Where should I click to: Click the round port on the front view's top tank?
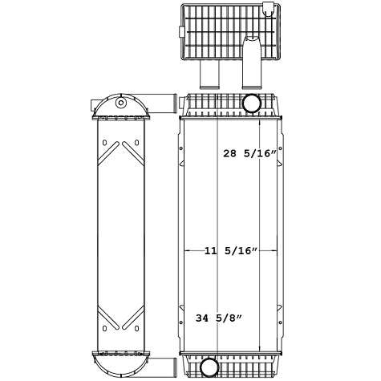click(x=251, y=103)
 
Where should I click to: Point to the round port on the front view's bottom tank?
click(x=210, y=367)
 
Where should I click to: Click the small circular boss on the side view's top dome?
click(x=121, y=103)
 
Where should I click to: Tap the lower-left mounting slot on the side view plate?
click(x=104, y=327)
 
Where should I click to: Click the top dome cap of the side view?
click(x=120, y=106)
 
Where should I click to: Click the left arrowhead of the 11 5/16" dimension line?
click(x=188, y=251)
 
